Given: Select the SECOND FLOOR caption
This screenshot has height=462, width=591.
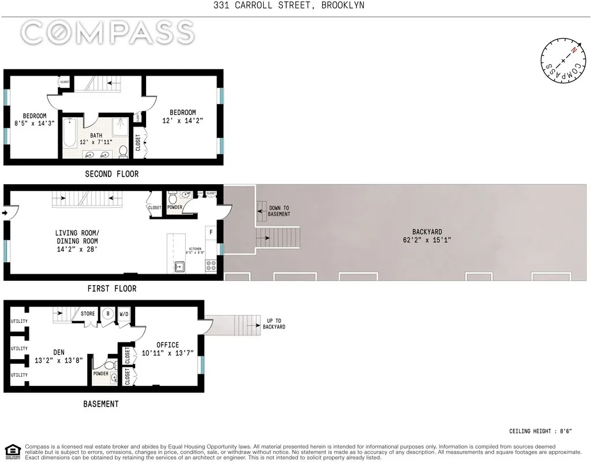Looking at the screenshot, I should (111, 174).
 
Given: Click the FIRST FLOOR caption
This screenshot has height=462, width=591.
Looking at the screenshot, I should (111, 288).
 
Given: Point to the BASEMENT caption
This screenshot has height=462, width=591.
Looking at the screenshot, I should (101, 404).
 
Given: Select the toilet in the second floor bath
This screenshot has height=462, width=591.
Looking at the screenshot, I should (123, 152).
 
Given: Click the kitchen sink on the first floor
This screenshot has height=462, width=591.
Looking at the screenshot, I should (179, 266).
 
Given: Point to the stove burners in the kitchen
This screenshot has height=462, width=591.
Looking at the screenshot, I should (211, 266).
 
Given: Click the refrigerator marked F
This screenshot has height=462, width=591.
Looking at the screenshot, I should (211, 232).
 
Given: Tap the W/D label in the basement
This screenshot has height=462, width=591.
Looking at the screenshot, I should (124, 315).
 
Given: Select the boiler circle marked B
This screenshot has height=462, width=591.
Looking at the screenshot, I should (107, 315).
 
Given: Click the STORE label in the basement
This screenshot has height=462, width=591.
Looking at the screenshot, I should (88, 314).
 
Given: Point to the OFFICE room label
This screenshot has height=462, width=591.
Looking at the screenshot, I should (167, 345).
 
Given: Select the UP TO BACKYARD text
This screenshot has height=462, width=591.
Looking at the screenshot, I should (275, 323).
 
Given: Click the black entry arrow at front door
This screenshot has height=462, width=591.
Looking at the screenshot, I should (6, 214).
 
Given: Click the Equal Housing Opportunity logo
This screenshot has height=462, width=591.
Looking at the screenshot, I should (12, 451).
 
